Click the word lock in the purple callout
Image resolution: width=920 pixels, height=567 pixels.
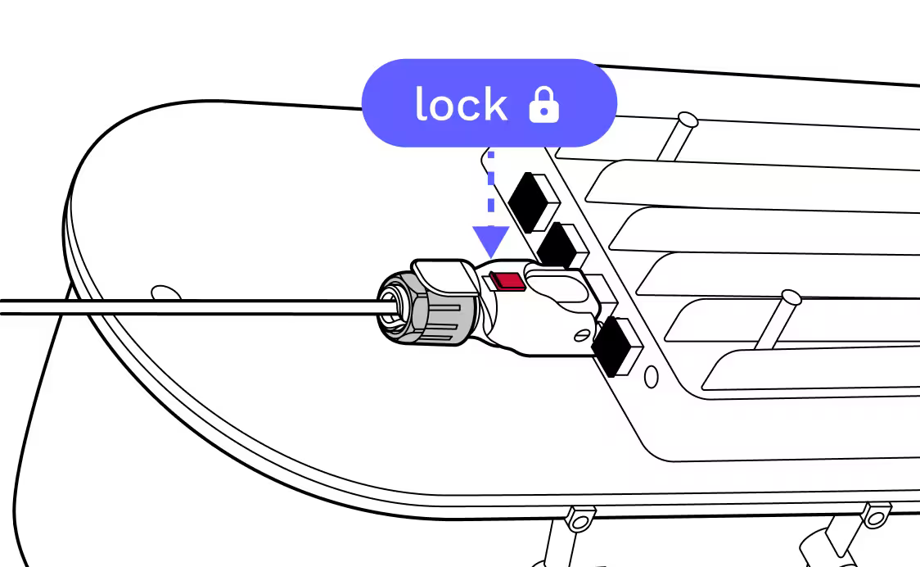[461, 105]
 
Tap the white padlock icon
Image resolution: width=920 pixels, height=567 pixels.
[543, 106]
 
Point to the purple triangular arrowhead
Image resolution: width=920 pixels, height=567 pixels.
[491, 242]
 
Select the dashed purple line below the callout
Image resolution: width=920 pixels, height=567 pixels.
[490, 188]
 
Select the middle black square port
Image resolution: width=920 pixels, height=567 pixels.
[560, 245]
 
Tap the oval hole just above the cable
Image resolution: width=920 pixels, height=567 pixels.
[166, 293]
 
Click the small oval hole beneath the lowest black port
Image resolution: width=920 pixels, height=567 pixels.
[652, 377]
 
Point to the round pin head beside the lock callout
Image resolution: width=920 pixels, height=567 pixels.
[688, 121]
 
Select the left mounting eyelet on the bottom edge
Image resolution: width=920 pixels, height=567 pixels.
[580, 519]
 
